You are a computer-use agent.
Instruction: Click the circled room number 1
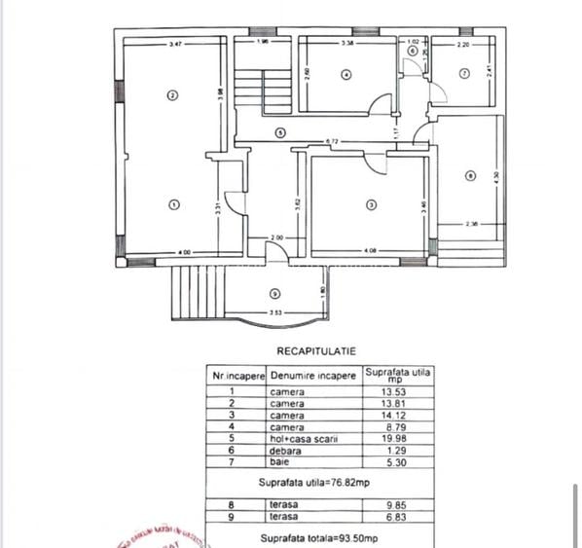(x=173, y=204)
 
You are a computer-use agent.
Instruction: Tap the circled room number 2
(x=172, y=95)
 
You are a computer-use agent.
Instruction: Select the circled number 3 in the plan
(x=371, y=204)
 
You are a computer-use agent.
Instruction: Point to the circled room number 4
(x=346, y=74)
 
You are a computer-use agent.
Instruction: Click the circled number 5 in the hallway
(x=279, y=132)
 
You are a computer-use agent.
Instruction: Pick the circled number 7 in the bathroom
(x=464, y=73)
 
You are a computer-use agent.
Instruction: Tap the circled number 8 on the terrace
(x=471, y=176)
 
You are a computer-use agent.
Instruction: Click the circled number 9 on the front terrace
(x=274, y=293)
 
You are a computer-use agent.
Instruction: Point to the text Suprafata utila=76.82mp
(x=301, y=481)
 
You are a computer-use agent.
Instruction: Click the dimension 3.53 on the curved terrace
(x=276, y=313)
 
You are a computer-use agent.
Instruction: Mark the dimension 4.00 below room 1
(x=184, y=253)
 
